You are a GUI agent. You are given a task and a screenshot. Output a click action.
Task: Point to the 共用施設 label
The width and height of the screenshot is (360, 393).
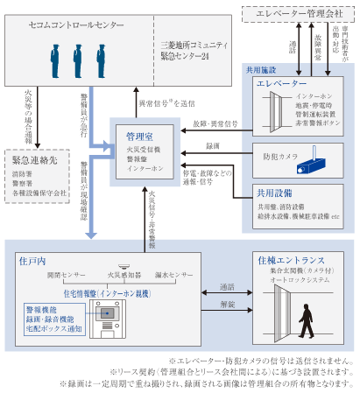[x=260, y=67]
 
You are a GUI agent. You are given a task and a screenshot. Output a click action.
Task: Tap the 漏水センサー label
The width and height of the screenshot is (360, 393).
[x=172, y=276]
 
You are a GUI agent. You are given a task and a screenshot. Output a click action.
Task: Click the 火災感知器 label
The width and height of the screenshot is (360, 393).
[x=123, y=276]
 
